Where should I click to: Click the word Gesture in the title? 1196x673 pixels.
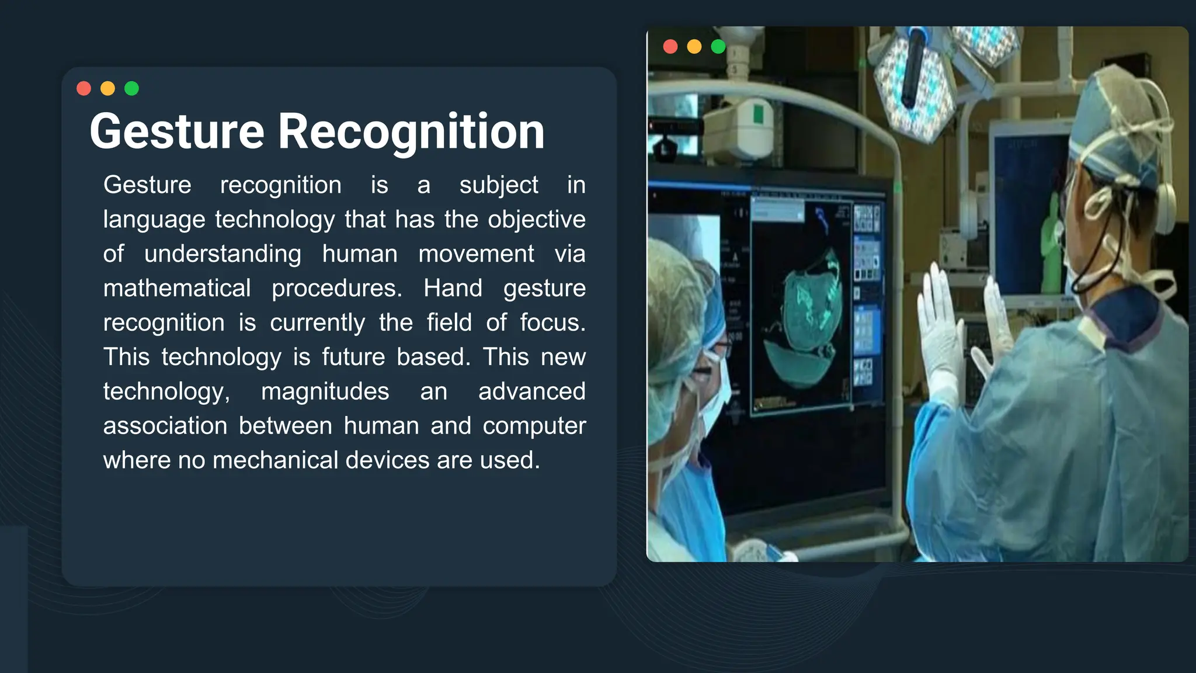177,132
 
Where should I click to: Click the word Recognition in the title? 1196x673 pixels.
411,132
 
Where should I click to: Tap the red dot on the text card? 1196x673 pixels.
84,88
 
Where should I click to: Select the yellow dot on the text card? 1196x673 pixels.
108,88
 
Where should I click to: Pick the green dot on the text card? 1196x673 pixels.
132,88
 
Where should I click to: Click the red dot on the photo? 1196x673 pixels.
670,47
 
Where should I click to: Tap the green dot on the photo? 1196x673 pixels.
718,47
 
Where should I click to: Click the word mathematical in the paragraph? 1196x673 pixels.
177,289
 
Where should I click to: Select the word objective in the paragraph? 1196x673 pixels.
537,220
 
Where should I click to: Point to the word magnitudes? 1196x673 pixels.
325,391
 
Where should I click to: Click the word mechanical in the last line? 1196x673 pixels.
274,460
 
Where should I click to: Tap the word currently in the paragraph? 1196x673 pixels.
317,323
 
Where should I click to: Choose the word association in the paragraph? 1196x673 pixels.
165,426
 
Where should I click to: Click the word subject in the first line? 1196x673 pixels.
498,186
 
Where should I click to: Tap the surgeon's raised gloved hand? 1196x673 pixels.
940,327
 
